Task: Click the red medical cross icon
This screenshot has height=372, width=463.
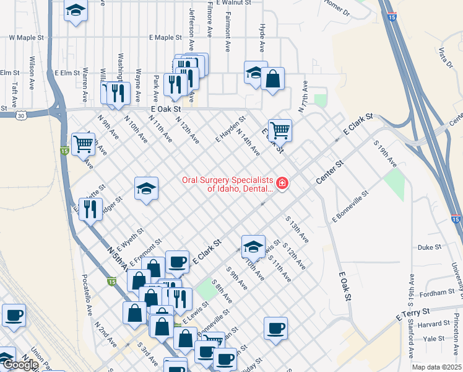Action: (282, 183)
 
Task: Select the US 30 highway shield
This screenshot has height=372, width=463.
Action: (22, 115)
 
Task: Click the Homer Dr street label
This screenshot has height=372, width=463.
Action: (337, 8)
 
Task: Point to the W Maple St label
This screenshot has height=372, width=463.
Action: (27, 38)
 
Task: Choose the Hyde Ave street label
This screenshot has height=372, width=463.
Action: (262, 38)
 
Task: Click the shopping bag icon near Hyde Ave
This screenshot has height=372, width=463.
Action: (272, 79)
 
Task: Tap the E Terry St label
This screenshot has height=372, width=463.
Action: (413, 313)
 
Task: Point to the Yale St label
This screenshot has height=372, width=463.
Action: (433, 339)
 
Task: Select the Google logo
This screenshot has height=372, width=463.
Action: (20, 365)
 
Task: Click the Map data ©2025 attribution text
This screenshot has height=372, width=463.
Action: (436, 367)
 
